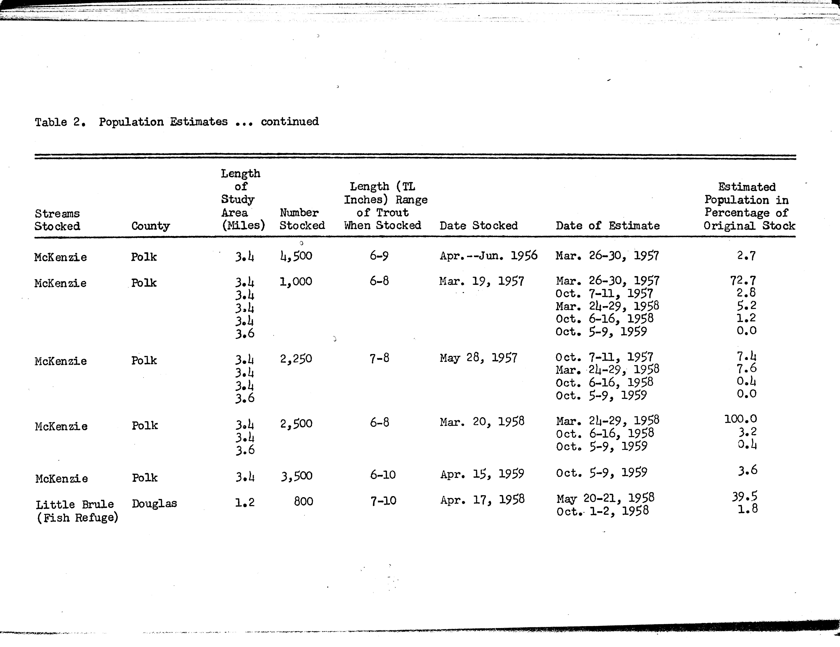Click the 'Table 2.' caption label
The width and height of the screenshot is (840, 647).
60,122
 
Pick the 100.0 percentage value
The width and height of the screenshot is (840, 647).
740,419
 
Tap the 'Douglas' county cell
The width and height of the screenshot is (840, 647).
154,504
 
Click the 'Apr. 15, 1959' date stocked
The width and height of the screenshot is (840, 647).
482,474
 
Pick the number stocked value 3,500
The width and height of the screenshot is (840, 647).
296,476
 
